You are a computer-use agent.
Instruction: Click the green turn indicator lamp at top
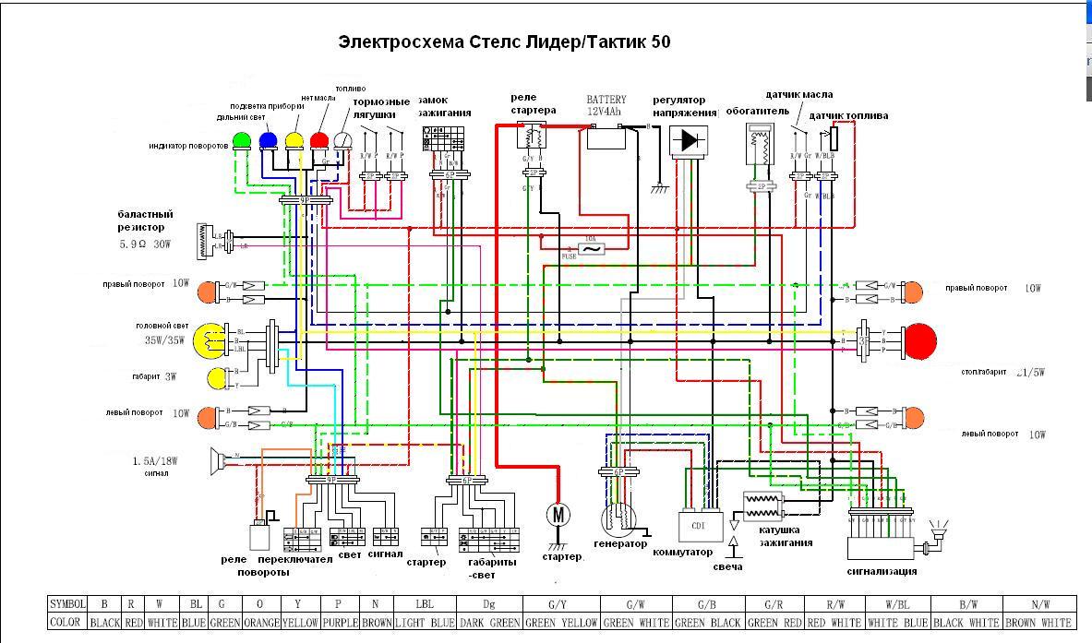pyautogui.click(x=242, y=140)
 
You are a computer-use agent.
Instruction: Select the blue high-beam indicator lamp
pyautogui.click(x=268, y=140)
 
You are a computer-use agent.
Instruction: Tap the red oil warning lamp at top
pyautogui.click(x=319, y=140)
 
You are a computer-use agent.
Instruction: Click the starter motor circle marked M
pyautogui.click(x=558, y=515)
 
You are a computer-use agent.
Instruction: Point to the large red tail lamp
pyautogui.click(x=919, y=340)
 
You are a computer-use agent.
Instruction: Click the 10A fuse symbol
pyautogui.click(x=591, y=248)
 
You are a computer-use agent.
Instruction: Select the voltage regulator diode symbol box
pyautogui.click(x=688, y=141)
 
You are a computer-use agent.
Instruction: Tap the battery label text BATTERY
pyautogui.click(x=606, y=100)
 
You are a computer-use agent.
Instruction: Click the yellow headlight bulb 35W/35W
pyautogui.click(x=208, y=340)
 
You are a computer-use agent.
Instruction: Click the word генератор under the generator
pyautogui.click(x=620, y=543)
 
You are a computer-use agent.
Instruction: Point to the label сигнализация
pyautogui.click(x=882, y=571)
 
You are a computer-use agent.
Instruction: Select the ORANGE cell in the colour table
pyautogui.click(x=260, y=623)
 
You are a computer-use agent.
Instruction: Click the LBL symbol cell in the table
pyautogui.click(x=425, y=604)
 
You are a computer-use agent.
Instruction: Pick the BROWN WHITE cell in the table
pyautogui.click(x=1040, y=623)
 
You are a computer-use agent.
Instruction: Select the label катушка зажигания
pyautogui.click(x=786, y=536)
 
